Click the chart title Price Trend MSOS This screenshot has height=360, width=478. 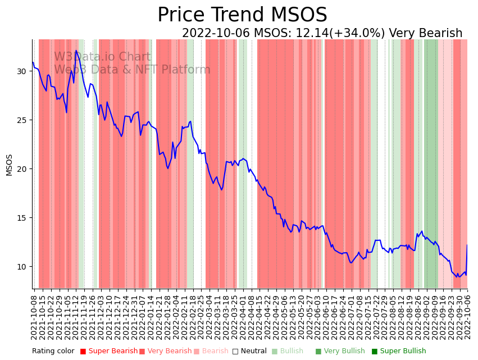coord(242,15)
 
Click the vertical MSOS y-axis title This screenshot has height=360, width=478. coord(10,165)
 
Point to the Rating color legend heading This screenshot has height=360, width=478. coord(53,351)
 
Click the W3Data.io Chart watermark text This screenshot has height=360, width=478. coord(102,57)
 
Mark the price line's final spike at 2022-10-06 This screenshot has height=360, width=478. coord(467,245)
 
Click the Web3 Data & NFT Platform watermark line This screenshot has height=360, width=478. coord(132,70)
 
